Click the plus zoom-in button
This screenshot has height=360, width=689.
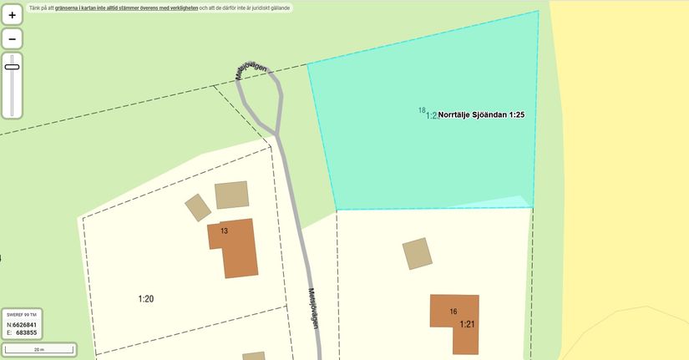(12, 15)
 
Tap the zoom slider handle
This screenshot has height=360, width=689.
(12, 66)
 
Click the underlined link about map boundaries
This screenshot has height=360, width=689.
(126, 8)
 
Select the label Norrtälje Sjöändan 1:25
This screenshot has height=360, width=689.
(481, 115)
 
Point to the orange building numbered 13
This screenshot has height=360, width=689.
(233, 246)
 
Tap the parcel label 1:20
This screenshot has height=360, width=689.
(146, 298)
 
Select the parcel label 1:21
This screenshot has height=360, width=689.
(467, 323)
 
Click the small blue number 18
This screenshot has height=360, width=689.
(422, 110)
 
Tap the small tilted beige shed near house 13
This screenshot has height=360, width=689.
(198, 207)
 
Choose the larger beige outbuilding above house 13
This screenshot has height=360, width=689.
(231, 195)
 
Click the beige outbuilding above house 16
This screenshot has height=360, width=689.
(418, 253)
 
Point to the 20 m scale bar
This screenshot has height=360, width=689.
(39, 349)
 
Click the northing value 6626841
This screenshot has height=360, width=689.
(24, 324)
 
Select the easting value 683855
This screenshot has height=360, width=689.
(26, 332)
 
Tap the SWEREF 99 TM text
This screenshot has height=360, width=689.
(22, 315)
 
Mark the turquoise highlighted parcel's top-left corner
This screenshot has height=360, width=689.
(308, 64)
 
